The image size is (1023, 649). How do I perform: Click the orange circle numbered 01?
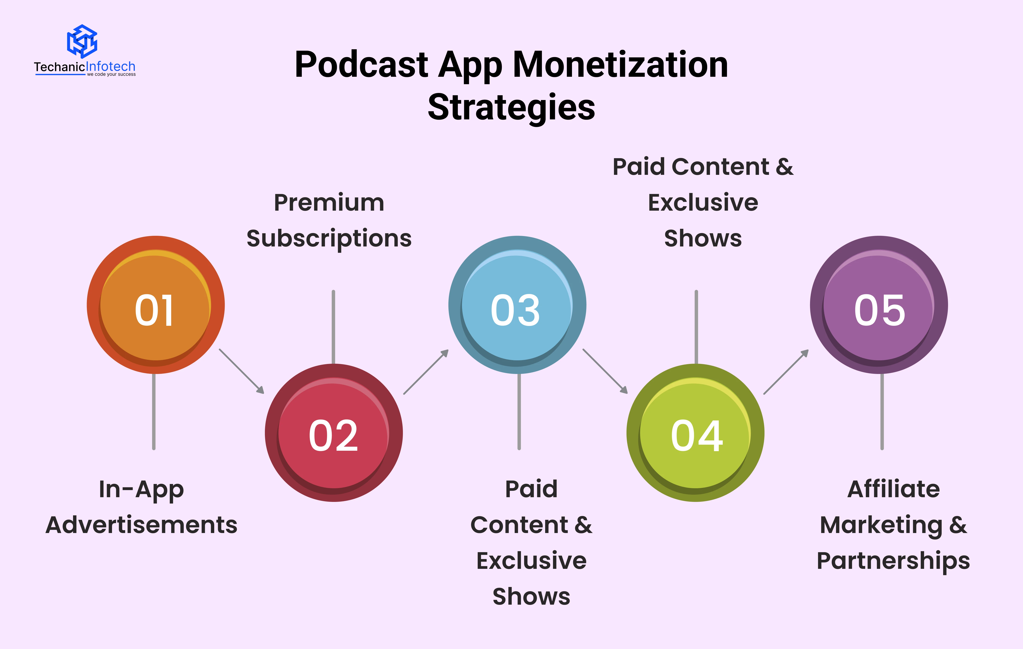coord(155,305)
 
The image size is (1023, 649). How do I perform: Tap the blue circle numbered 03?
coord(517,305)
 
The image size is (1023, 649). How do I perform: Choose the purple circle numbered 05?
coord(879,305)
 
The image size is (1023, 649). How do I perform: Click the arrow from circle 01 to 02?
coord(241,371)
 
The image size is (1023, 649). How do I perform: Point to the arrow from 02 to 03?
coord(426,372)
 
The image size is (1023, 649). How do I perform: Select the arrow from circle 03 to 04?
coord(605,371)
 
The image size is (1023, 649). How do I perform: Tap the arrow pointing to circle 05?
coord(786,372)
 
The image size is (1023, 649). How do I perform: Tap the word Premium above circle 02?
coord(329,203)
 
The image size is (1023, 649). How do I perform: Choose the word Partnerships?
coord(894,561)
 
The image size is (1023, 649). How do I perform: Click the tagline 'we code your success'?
coord(111,74)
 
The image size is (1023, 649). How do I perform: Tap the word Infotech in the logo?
coord(111,67)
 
